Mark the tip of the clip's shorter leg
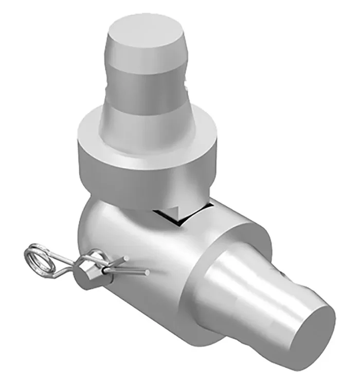125,263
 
